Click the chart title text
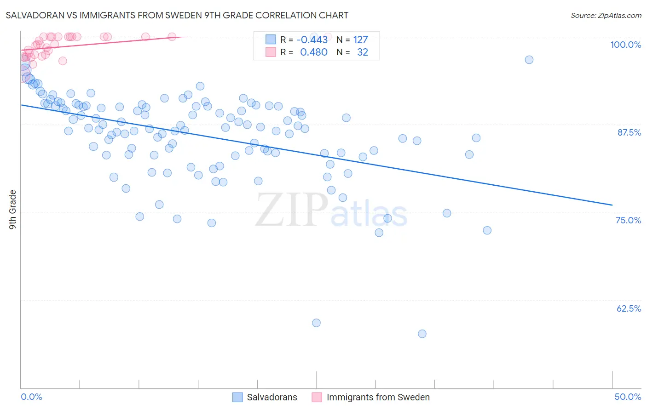177,15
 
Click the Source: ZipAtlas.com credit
606,15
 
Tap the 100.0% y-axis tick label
625,45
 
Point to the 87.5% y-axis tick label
629,132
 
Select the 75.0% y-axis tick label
628,220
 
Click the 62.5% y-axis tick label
629,308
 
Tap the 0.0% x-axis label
31,397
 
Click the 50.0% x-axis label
628,397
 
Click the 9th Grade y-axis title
12,210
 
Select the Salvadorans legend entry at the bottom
272,397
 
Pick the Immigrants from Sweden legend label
378,397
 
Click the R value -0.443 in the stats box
312,40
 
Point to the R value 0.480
313,52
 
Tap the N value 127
360,40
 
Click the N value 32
362,52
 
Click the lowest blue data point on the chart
422,334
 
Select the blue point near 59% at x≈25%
316,323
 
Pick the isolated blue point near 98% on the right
529,60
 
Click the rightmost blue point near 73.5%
487,230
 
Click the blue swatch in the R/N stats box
271,40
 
